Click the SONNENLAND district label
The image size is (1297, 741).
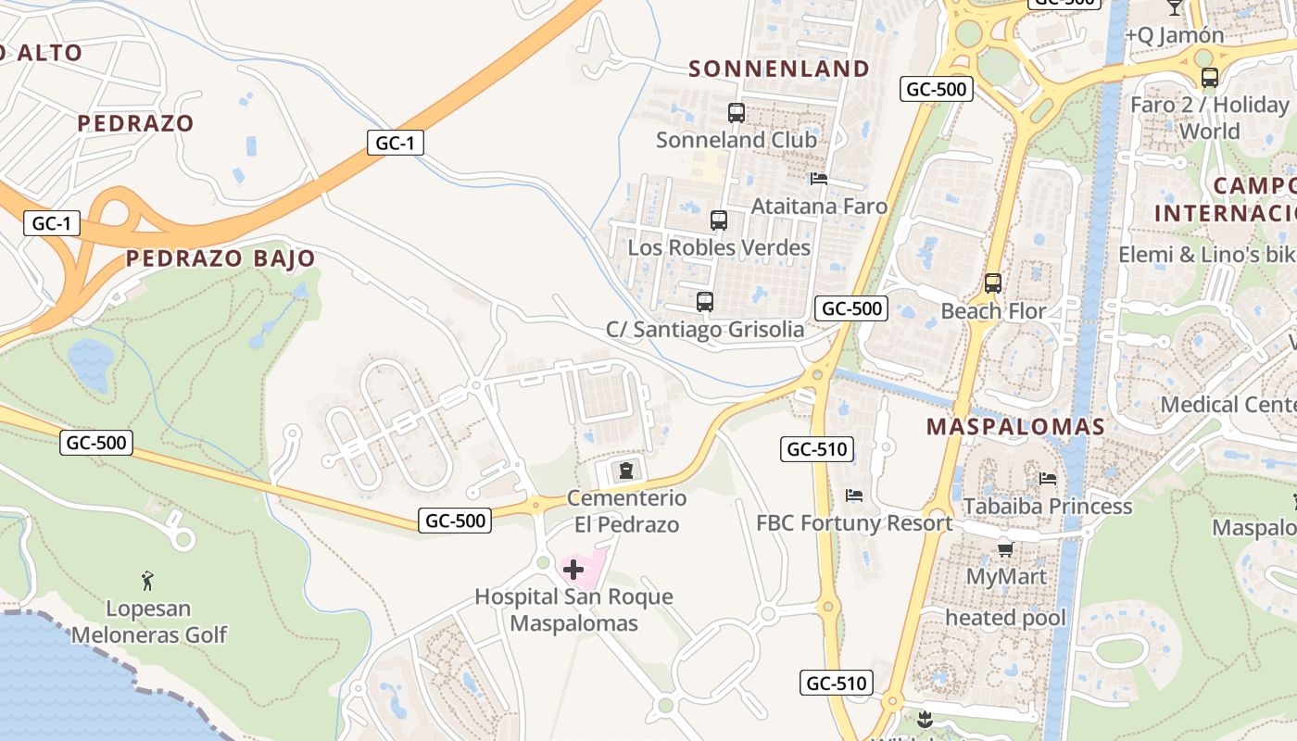(x=779, y=69)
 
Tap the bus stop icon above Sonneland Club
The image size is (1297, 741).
(x=737, y=113)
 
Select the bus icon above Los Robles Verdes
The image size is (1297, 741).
(x=719, y=220)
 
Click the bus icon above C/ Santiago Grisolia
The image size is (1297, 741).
(x=705, y=302)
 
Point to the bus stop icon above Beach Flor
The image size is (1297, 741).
(x=993, y=283)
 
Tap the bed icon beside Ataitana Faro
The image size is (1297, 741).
(x=818, y=179)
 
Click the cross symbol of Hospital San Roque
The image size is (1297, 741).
(x=573, y=569)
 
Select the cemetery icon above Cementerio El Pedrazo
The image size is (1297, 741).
(x=627, y=471)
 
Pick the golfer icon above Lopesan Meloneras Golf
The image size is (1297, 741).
(x=147, y=581)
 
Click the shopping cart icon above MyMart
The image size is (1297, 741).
(x=1006, y=549)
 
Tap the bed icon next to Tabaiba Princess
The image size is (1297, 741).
(x=1048, y=479)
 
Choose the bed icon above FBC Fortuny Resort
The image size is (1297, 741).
(x=854, y=496)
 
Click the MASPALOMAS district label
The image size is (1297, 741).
(x=1016, y=427)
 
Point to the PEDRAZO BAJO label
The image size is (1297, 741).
(x=220, y=258)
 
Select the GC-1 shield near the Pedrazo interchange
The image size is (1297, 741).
(x=52, y=223)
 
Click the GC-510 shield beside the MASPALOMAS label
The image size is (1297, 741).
(x=815, y=450)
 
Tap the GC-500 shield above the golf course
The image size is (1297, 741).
(x=96, y=443)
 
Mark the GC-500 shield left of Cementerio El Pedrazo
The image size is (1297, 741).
(x=455, y=521)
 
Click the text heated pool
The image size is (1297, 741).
(x=1005, y=618)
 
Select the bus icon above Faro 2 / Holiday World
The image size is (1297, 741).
(x=1209, y=78)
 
